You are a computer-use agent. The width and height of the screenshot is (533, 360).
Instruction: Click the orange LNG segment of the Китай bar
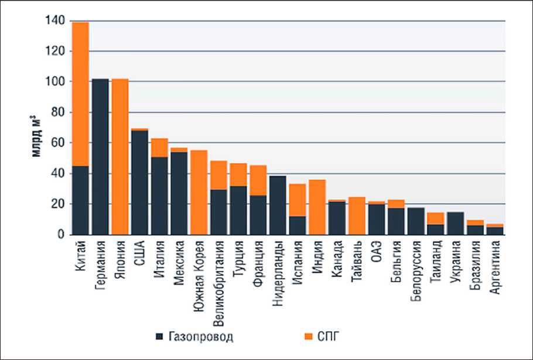pyautogui.click(x=80, y=94)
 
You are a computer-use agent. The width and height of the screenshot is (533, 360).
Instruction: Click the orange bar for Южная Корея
pyautogui.click(x=199, y=193)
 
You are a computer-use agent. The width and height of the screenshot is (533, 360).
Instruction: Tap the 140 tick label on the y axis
pyautogui.click(x=54, y=22)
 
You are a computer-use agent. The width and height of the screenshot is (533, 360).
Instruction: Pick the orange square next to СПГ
pyautogui.click(x=309, y=337)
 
